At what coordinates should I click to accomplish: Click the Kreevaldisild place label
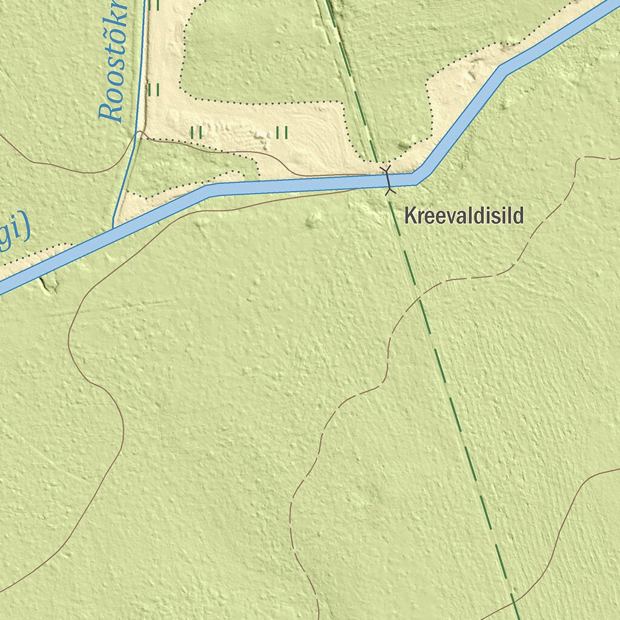pyautogui.click(x=464, y=216)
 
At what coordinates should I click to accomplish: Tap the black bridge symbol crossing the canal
pyautogui.click(x=387, y=180)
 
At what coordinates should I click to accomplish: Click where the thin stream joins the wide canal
pyautogui.click(x=113, y=226)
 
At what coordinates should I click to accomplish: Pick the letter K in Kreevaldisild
pyautogui.click(x=411, y=216)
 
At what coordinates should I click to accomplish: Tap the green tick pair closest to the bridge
pyautogui.click(x=282, y=132)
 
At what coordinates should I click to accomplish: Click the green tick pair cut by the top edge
pyautogui.click(x=154, y=5)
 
